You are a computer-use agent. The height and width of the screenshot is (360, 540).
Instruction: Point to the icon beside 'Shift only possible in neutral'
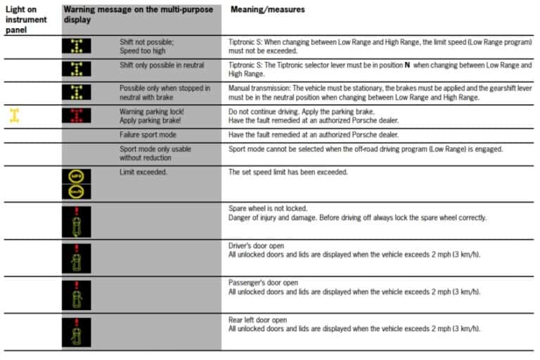pyautogui.click(x=77, y=69)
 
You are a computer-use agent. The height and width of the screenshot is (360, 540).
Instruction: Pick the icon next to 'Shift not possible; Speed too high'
pyautogui.click(x=77, y=46)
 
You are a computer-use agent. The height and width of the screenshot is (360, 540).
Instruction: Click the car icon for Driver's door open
pyautogui.click(x=76, y=257)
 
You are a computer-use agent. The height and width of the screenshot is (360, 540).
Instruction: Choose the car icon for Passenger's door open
pyautogui.click(x=76, y=295)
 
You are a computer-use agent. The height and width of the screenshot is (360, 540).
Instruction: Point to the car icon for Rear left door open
pyautogui.click(x=76, y=332)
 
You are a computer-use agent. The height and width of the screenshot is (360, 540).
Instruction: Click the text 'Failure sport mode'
pyautogui.click(x=148, y=134)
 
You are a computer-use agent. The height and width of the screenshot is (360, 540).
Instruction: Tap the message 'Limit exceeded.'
pyautogui.click(x=143, y=172)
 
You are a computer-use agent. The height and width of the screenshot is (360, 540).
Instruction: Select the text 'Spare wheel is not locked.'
pyautogui.click(x=269, y=208)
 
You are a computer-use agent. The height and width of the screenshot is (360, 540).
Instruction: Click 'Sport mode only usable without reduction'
pyautogui.click(x=155, y=153)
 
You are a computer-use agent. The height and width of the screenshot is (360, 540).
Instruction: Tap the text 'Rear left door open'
pyautogui.click(x=258, y=319)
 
